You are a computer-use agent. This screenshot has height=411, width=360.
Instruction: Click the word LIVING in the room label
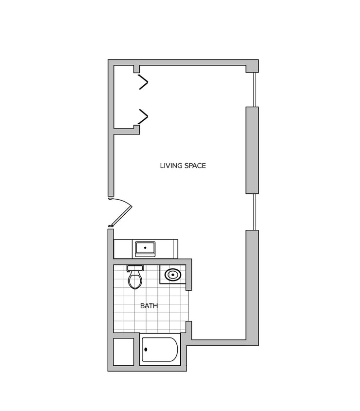(x=170, y=166)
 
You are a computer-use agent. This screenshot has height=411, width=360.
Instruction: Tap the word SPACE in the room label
(x=194, y=166)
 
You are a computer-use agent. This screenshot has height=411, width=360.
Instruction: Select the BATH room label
(x=149, y=306)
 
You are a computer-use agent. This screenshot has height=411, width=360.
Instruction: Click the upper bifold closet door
(x=143, y=82)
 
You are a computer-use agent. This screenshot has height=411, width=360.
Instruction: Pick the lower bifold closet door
(x=143, y=116)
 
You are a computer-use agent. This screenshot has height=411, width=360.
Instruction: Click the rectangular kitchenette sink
(x=145, y=249)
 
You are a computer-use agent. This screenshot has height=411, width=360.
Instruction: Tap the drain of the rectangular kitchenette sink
(x=145, y=247)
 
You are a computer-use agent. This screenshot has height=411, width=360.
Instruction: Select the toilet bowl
(x=135, y=280)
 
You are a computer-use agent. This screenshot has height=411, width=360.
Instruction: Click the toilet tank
(x=135, y=268)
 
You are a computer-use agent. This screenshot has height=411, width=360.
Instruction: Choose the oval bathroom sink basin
(x=172, y=275)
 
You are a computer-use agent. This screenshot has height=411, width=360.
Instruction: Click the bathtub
(x=160, y=350)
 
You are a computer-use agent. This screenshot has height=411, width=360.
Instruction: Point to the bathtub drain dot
(x=146, y=349)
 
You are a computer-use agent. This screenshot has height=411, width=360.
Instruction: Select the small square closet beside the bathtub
(x=123, y=352)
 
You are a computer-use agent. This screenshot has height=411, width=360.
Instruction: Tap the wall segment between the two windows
(x=252, y=150)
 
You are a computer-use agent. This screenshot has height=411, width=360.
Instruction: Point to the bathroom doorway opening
(x=189, y=305)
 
